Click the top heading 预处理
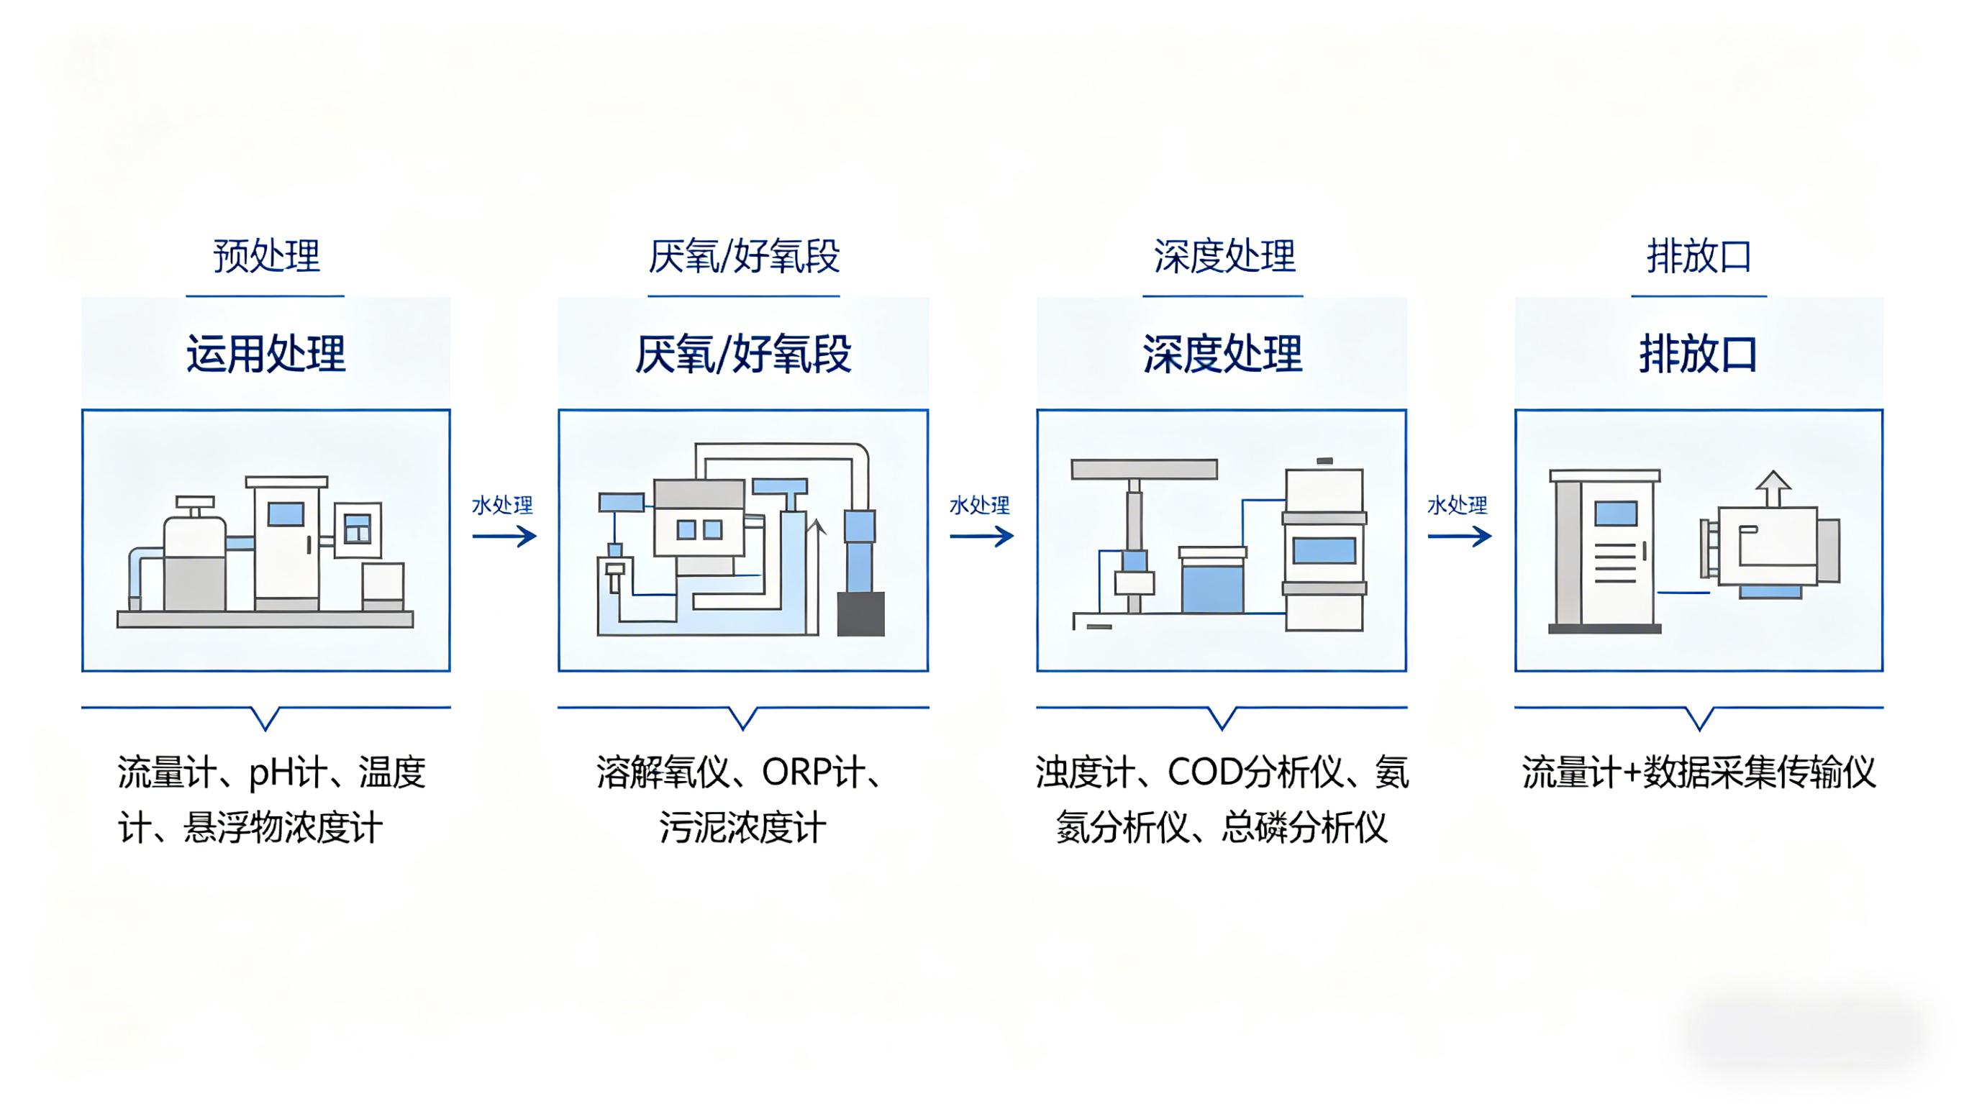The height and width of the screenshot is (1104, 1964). pyautogui.click(x=266, y=256)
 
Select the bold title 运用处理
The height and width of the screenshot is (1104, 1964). pyautogui.click(x=266, y=354)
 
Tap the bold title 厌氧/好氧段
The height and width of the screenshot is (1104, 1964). pyautogui.click(x=743, y=354)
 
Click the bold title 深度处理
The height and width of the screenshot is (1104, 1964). pyautogui.click(x=1222, y=354)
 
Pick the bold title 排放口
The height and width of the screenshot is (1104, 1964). pyautogui.click(x=1699, y=354)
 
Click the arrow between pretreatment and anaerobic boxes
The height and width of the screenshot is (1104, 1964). pyautogui.click(x=504, y=537)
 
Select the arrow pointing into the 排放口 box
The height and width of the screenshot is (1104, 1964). pyautogui.click(x=1459, y=537)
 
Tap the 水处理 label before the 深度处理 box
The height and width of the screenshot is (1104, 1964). pyautogui.click(x=980, y=506)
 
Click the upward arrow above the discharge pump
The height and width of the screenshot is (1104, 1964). pyautogui.click(x=1773, y=488)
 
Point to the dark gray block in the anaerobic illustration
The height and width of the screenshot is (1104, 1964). pyautogui.click(x=860, y=613)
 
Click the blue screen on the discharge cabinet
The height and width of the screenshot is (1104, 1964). pyautogui.click(x=1617, y=513)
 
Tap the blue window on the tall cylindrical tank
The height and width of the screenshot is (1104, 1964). pyautogui.click(x=1324, y=550)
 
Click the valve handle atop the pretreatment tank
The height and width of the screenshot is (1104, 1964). pyautogui.click(x=195, y=503)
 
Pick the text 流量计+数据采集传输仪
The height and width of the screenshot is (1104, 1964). pyautogui.click(x=1699, y=772)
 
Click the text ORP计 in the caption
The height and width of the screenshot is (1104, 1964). pyautogui.click(x=813, y=772)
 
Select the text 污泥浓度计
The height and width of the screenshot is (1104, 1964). pyautogui.click(x=743, y=828)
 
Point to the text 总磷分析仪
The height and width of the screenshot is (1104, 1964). pyautogui.click(x=1304, y=828)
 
